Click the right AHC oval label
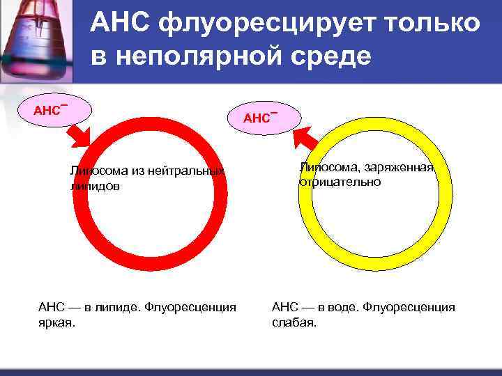pyautogui.click(x=261, y=117)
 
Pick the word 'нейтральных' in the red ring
pyautogui.click(x=186, y=171)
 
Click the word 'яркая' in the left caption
pyautogui.click(x=56, y=323)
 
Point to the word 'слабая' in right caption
pyautogui.click(x=294, y=323)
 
